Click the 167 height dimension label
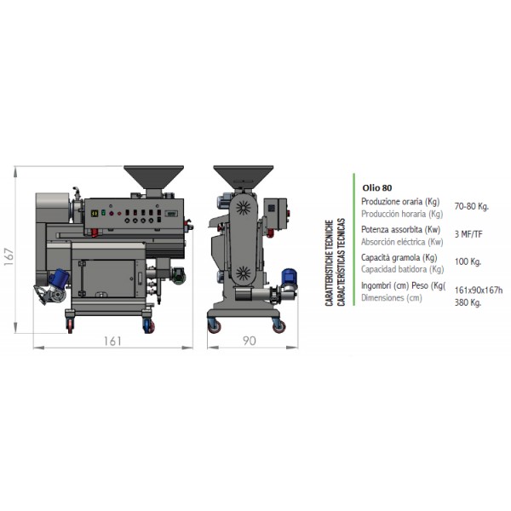pos(9,257)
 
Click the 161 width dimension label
pos(112,342)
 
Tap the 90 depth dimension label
pos(250,341)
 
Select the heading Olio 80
pos(377,187)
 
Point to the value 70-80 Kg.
pos(472,206)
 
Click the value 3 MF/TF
pos(468,234)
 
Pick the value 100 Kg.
pos(468,261)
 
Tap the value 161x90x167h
pos(479,290)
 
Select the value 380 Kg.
pos(468,302)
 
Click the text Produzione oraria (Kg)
pos(400,202)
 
